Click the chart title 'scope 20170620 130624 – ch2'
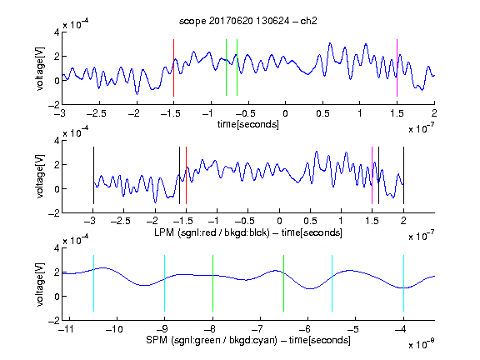point(248,21)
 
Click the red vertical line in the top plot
point(173,67)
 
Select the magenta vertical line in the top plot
point(397,67)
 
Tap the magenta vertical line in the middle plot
point(372,175)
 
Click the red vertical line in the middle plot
point(186,175)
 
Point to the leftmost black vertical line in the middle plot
point(93,175)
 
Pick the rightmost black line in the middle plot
point(403,175)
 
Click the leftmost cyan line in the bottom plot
point(93,283)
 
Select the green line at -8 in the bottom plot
point(212,283)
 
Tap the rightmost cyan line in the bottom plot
point(403,283)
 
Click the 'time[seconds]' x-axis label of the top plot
point(248,124)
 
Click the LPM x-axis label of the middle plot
point(248,232)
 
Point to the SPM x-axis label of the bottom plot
point(248,340)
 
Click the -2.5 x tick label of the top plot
point(97,113)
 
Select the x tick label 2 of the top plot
point(434,113)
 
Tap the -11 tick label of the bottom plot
point(67,329)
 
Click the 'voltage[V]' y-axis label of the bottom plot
point(40,284)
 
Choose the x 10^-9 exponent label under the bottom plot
point(422,343)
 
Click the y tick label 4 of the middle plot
point(57,141)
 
